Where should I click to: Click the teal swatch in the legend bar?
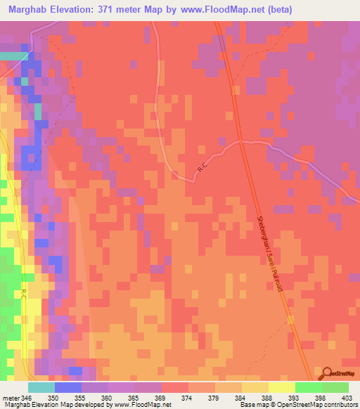[x=41, y=387]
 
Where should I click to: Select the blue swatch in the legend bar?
[x=67, y=387]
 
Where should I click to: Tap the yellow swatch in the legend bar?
[x=281, y=387]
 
